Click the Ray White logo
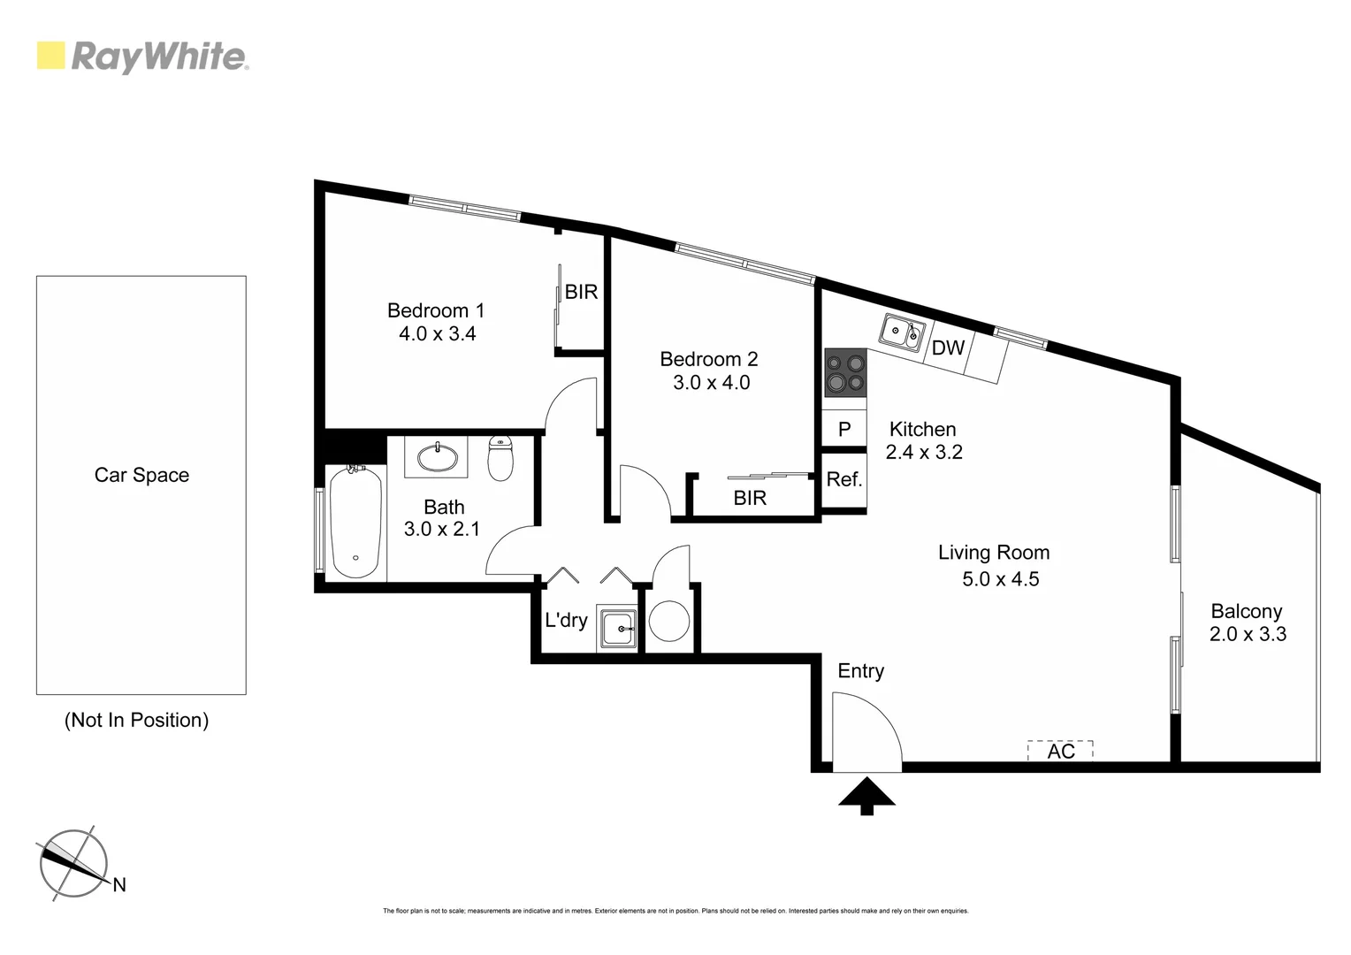pos(142,57)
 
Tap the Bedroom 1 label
pos(436,310)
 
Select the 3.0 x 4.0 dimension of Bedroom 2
pos(711,383)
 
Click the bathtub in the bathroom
pos(355,522)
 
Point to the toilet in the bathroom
pos(500,458)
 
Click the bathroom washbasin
pos(437,457)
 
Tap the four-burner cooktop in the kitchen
pos(845,372)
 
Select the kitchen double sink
pos(902,332)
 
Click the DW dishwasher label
pos(948,348)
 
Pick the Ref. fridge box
pos(844,480)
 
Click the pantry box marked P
pos(844,430)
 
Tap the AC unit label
pos(1061,751)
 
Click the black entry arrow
pos(866,795)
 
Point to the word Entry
pos(860,671)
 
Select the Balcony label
pos(1246,611)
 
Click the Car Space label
pos(141,475)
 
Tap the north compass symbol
pos(74,864)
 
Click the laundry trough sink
pos(617,629)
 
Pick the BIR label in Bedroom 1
pos(581,292)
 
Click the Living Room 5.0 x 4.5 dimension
pos(1000,579)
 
